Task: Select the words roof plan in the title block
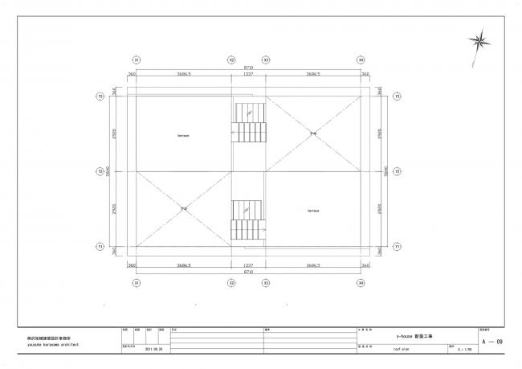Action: click(402, 350)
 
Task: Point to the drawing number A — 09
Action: click(492, 342)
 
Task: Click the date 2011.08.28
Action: click(154, 350)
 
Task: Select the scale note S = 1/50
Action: click(463, 350)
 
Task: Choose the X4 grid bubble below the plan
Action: click(361, 282)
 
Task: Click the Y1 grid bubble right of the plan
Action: click(398, 246)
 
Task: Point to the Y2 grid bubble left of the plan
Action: click(101, 170)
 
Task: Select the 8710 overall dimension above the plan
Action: click(249, 68)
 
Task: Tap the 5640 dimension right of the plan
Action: click(386, 170)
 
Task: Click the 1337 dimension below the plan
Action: click(248, 264)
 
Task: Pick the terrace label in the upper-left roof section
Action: click(183, 135)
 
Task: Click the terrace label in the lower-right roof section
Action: click(313, 211)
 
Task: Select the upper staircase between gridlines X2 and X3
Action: click(248, 125)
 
